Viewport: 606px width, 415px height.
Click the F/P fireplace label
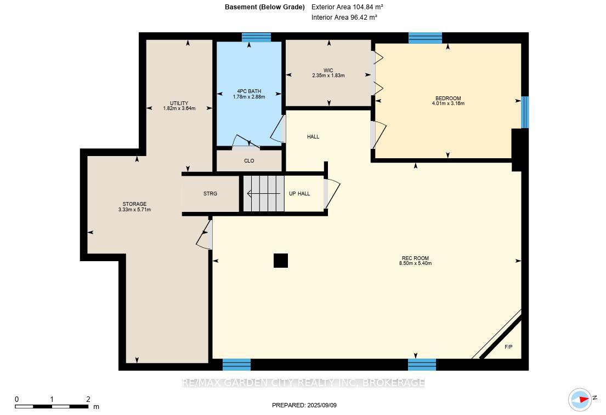(x=508, y=347)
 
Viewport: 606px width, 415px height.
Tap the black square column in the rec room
(x=281, y=261)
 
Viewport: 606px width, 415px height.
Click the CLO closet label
(x=249, y=161)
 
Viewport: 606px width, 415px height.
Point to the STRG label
(x=210, y=194)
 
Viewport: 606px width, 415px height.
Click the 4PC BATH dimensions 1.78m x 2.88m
(x=249, y=97)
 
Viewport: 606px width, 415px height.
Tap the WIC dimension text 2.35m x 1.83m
(x=328, y=76)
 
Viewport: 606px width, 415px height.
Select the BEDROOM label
(x=448, y=99)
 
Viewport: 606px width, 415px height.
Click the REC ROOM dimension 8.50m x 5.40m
(x=416, y=263)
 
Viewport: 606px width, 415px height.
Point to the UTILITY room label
(x=179, y=103)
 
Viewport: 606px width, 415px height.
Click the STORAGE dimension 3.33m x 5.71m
(x=134, y=210)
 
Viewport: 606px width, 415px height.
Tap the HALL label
(x=313, y=136)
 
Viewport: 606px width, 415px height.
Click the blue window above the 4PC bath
(x=256, y=37)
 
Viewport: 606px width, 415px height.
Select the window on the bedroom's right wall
(x=524, y=112)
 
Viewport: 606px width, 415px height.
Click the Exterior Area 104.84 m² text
(x=347, y=7)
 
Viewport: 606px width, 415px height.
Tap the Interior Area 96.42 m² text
(x=344, y=18)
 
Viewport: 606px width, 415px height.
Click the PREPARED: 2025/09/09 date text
(x=304, y=405)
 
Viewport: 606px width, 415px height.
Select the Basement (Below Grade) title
(x=265, y=7)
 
